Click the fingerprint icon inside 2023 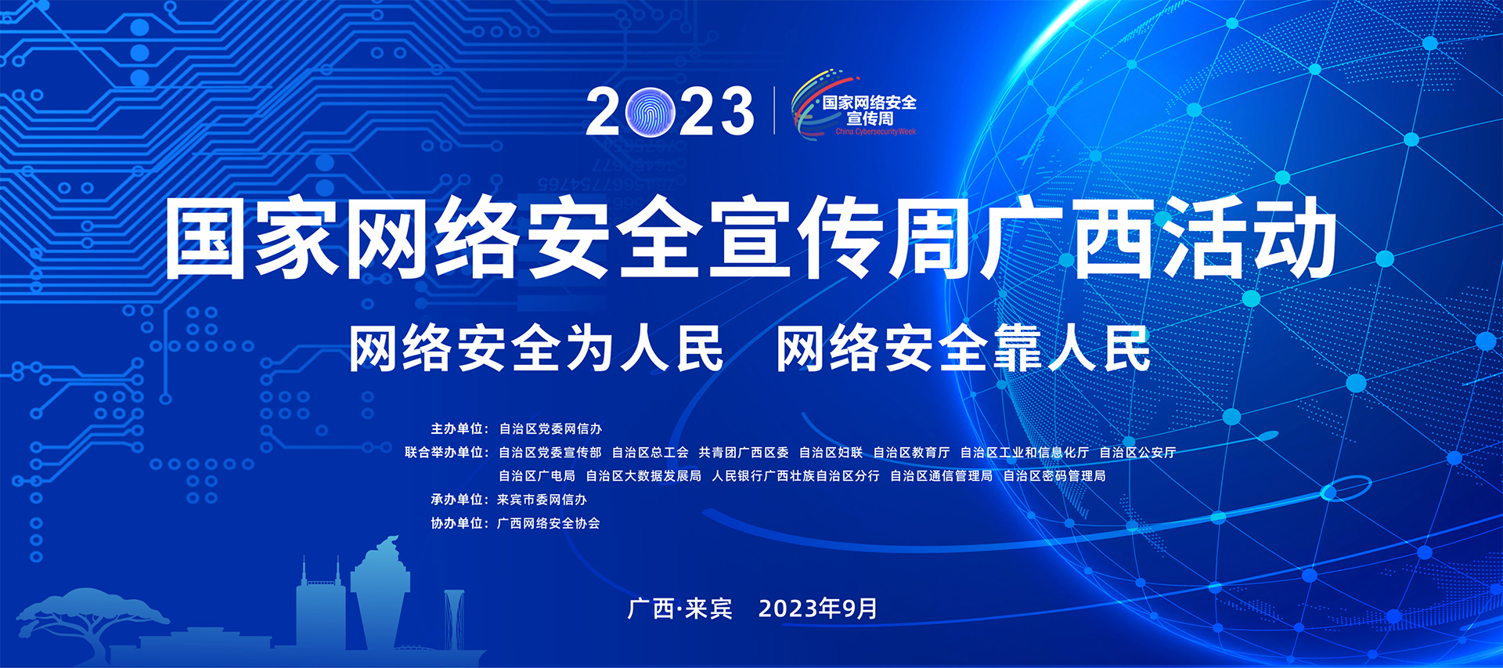click(651, 111)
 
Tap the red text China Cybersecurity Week click(875, 132)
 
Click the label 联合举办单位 click(444, 453)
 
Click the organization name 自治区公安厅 click(1137, 453)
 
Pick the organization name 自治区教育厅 click(911, 453)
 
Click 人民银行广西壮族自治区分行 click(795, 476)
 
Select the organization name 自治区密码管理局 click(1054, 476)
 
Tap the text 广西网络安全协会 click(549, 523)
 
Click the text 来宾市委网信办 click(542, 500)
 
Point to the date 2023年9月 click(818, 608)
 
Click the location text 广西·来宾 click(679, 608)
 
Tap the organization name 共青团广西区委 click(744, 453)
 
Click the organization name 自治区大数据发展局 click(643, 476)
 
